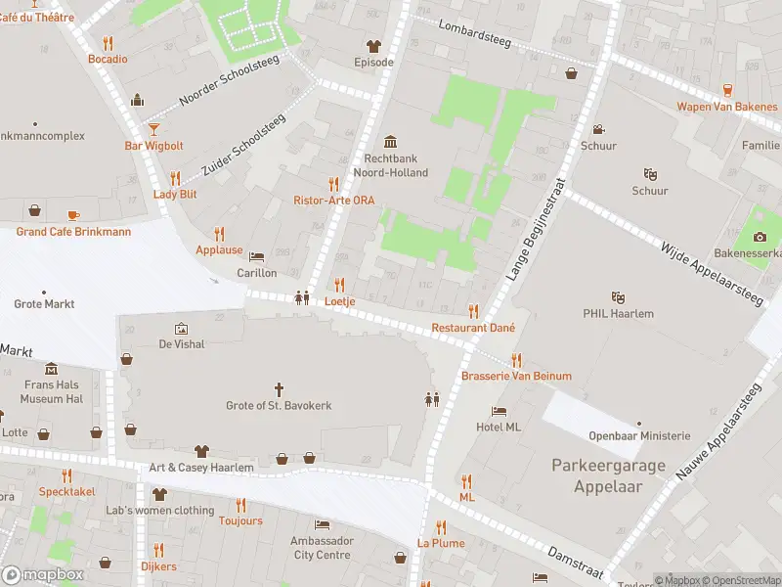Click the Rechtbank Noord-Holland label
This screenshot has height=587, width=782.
[396, 165]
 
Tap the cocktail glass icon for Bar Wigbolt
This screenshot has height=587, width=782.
[153, 128]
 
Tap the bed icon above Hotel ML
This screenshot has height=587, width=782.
[500, 411]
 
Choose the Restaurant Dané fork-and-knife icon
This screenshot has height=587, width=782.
[474, 311]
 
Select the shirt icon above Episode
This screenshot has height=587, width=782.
[372, 45]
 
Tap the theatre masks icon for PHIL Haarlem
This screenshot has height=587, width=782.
[617, 296]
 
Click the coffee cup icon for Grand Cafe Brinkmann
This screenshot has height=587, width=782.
[73, 214]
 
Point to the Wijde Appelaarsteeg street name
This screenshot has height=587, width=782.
[709, 274]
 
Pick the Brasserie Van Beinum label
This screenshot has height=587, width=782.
[516, 376]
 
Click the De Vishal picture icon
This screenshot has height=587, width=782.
[180, 329]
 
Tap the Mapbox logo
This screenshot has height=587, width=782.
[43, 574]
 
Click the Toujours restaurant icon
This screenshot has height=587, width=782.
[240, 505]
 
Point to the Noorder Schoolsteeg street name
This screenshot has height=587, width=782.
[230, 81]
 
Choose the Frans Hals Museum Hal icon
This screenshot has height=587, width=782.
[51, 369]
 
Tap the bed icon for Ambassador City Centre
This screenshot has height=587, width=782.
[321, 525]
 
